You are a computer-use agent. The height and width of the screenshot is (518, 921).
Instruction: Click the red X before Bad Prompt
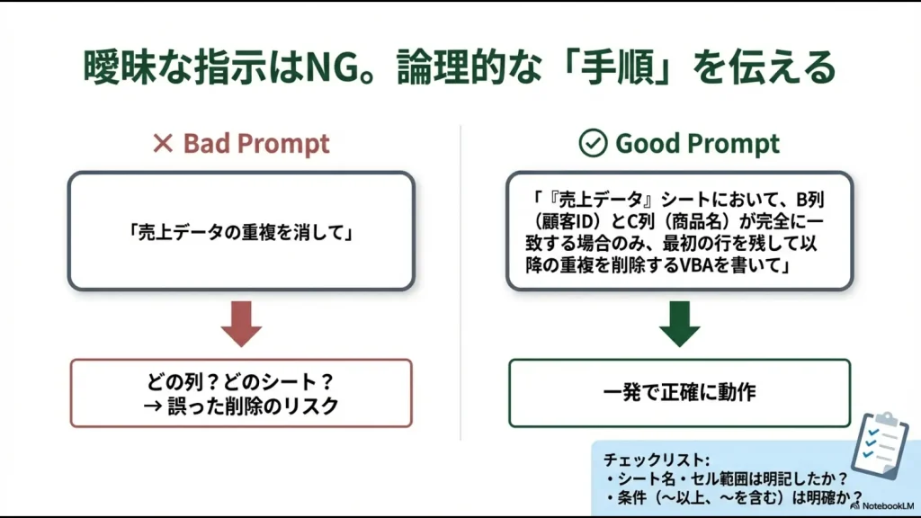pyautogui.click(x=162, y=144)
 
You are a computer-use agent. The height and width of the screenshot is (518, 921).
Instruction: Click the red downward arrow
pyautogui.click(x=240, y=325)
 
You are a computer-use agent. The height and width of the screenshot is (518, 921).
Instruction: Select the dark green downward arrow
pyautogui.click(x=679, y=325)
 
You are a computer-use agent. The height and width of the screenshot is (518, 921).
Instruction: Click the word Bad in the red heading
pyautogui.click(x=205, y=144)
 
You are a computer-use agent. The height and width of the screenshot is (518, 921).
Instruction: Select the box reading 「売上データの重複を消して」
pyautogui.click(x=240, y=231)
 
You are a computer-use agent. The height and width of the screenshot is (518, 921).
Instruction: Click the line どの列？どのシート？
pyautogui.click(x=240, y=381)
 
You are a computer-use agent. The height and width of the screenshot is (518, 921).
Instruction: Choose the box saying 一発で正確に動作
pyautogui.click(x=679, y=393)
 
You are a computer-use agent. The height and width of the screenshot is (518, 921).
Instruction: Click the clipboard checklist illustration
pyautogui.click(x=880, y=444)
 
